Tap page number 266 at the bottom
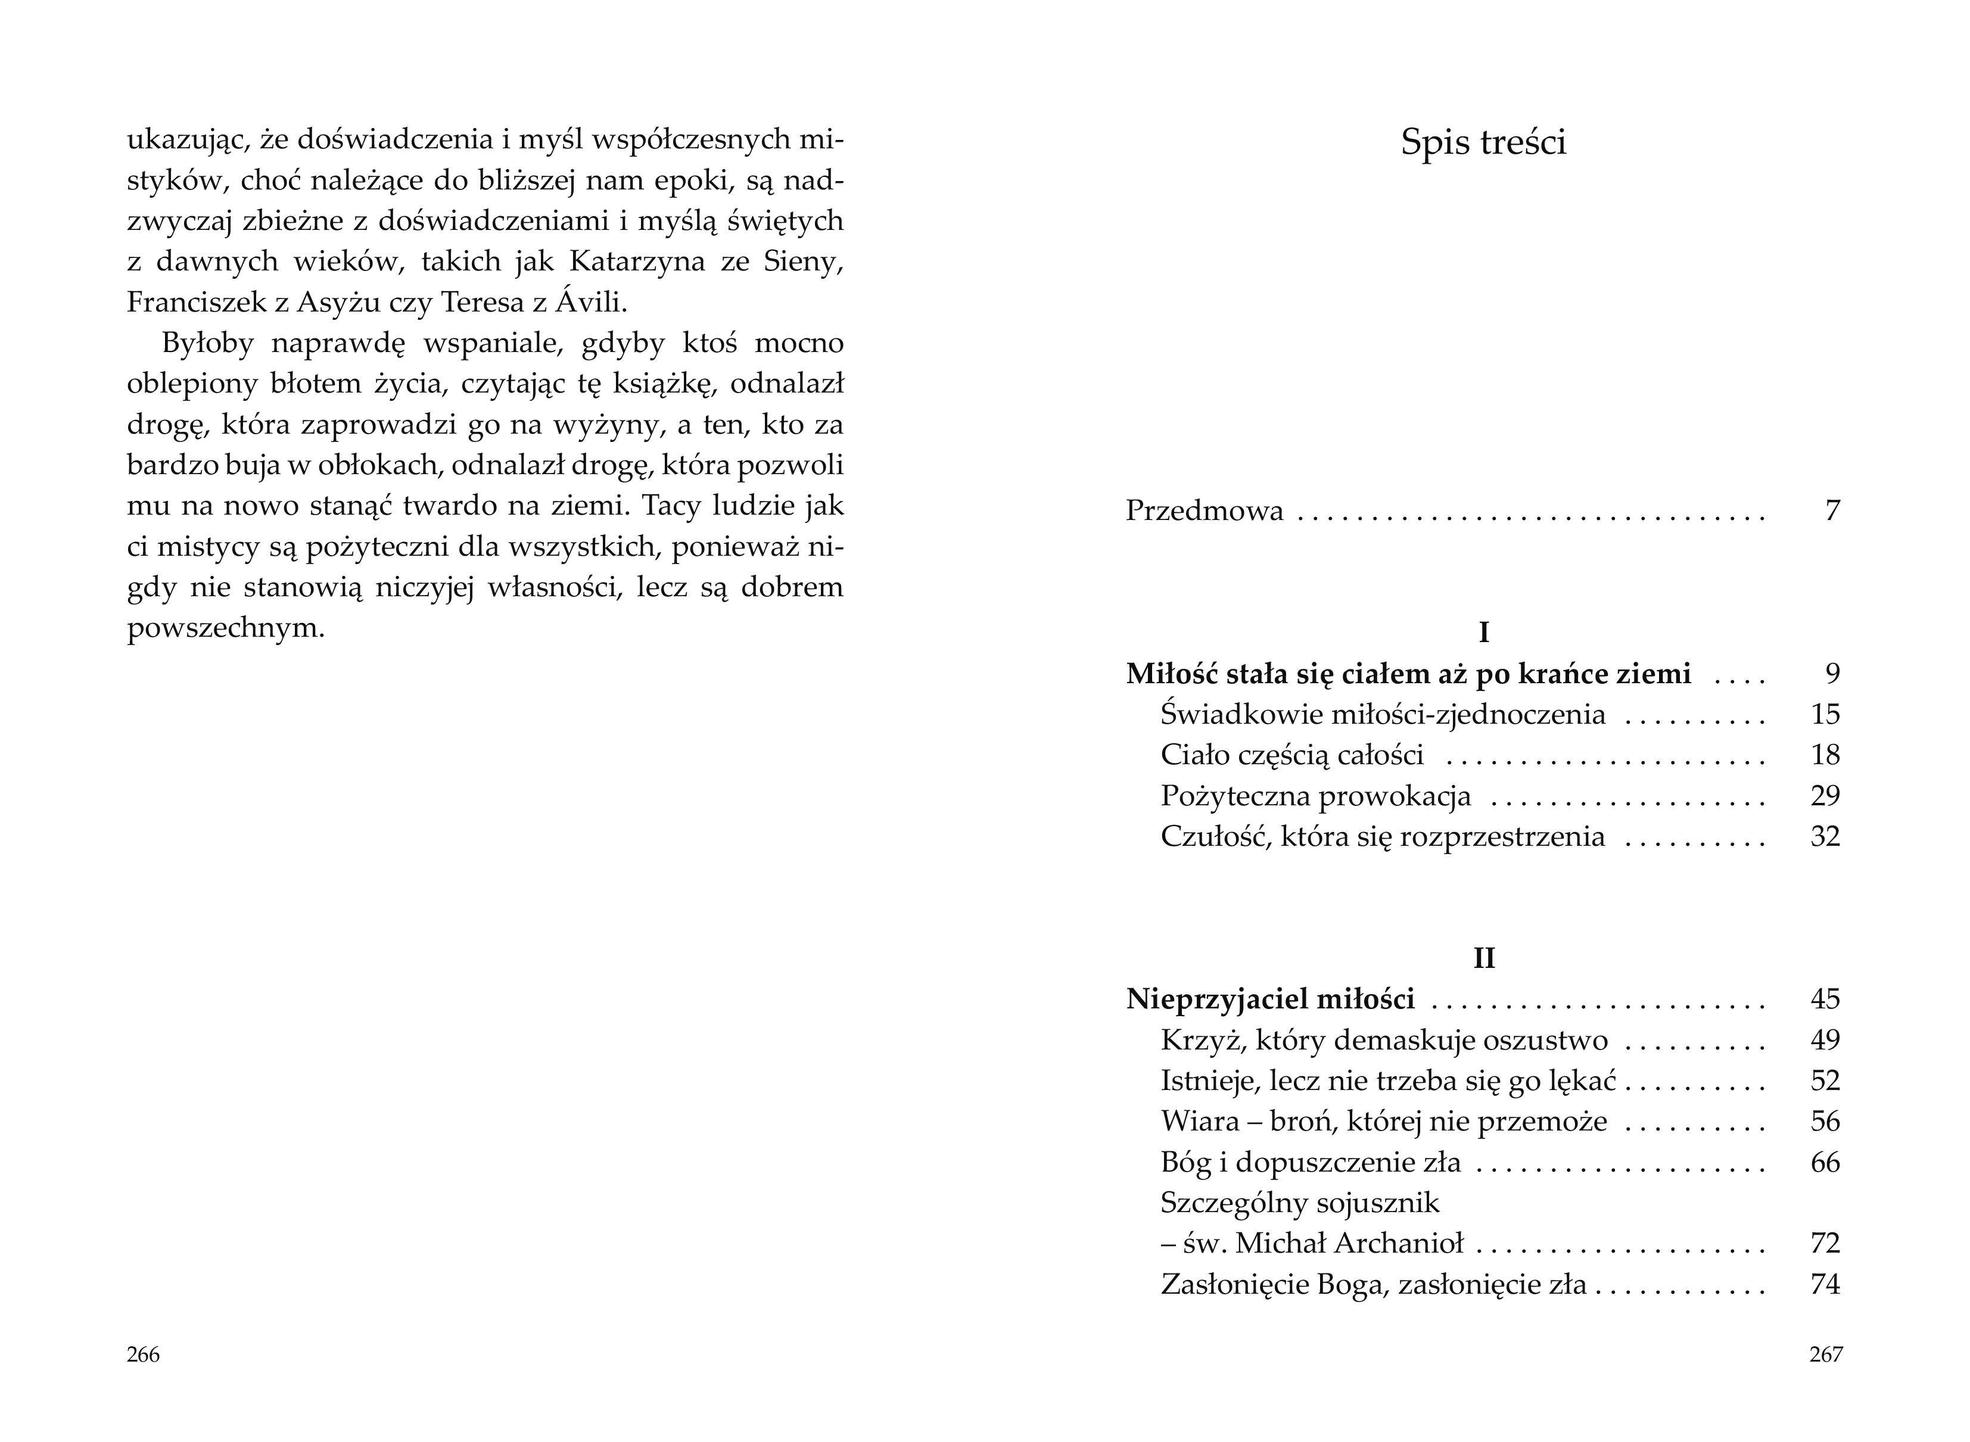tap(143, 1354)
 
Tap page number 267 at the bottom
tap(1825, 1354)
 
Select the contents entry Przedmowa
tap(1205, 510)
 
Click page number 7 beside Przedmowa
tap(1832, 510)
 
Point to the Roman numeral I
tap(1484, 632)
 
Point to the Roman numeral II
tap(1484, 958)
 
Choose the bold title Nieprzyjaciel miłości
tap(1270, 999)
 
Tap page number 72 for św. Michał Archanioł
tap(1825, 1243)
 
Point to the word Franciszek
tap(197, 302)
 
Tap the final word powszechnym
tap(226, 628)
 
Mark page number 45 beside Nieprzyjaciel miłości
tap(1825, 999)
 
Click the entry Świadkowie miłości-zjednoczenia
tap(1383, 715)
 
